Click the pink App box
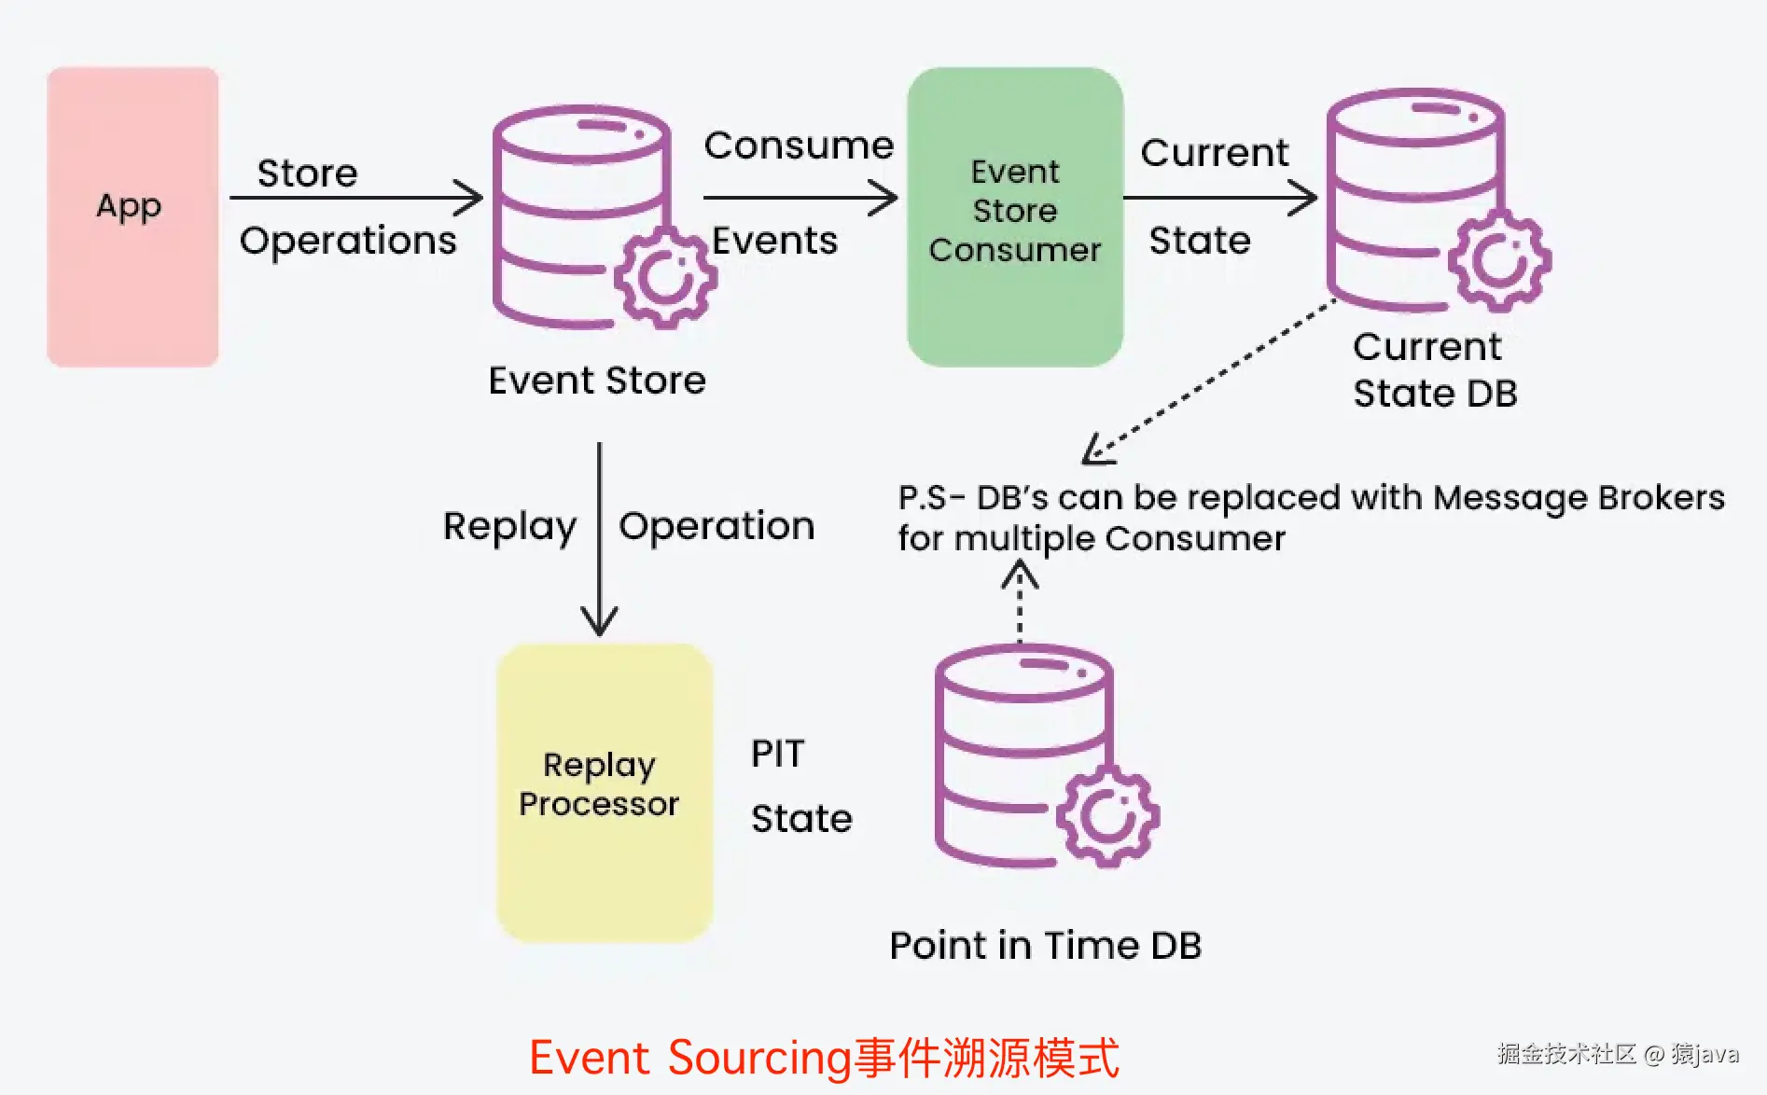132,216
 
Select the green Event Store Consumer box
1015,216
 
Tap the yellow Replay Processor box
605,793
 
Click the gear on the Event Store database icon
665,277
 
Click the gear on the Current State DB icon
1499,260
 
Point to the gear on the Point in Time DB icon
1107,816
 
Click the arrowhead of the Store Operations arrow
472,198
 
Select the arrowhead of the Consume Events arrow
886,198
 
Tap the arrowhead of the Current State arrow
1306,198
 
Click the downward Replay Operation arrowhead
599,623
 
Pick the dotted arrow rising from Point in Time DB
1020,602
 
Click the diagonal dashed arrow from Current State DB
1213,378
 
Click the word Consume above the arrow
799,146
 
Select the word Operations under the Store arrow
348,241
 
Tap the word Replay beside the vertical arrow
509,527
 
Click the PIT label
777,754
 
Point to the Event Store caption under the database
597,381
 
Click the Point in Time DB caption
1045,946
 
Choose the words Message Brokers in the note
1579,498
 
